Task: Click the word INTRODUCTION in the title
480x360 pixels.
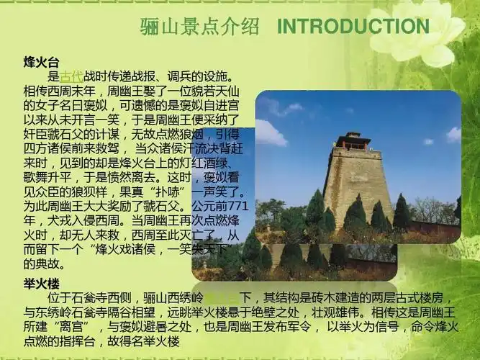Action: coord(353,27)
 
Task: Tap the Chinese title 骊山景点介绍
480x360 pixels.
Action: coord(199,27)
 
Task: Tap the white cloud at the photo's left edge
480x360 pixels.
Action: coord(269,132)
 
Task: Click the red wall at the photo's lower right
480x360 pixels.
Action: coord(432,229)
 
